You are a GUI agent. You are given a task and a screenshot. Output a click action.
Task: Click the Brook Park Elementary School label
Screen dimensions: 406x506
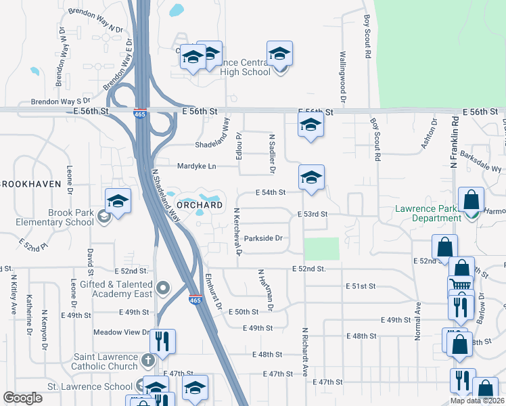(62, 217)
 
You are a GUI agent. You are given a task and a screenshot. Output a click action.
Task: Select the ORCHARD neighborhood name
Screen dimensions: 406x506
(199, 205)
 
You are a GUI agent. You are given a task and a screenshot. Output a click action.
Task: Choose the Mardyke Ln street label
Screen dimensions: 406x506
(196, 166)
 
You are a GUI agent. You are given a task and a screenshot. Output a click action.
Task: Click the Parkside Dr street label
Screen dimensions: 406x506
(262, 238)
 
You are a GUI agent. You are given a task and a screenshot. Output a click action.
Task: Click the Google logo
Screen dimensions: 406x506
(23, 398)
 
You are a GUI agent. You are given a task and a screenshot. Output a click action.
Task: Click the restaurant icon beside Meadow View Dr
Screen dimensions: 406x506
(162, 340)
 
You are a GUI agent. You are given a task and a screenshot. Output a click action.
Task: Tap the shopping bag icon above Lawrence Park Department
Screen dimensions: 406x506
(471, 199)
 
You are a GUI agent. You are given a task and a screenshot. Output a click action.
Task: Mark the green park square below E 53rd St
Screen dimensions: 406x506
(321, 248)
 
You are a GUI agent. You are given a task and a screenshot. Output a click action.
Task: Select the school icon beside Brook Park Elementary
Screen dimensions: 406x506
(118, 200)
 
